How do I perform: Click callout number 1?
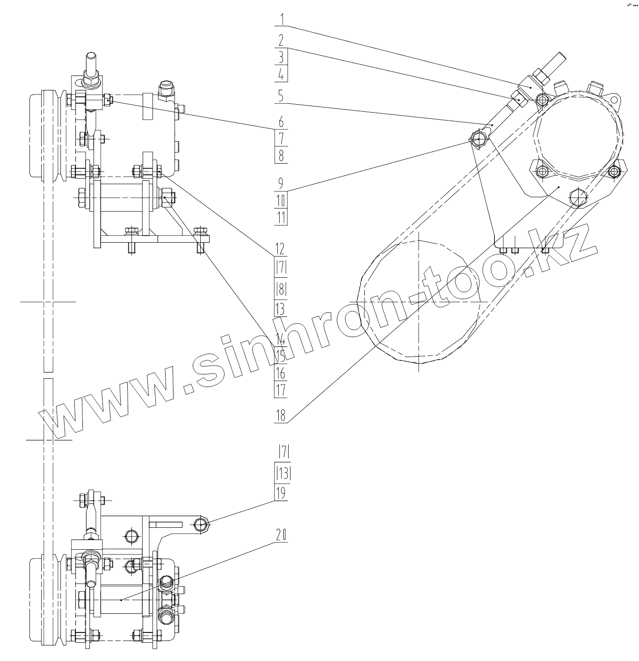[281, 20]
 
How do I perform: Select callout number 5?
[281, 96]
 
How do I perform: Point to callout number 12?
[280, 248]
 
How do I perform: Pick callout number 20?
[281, 536]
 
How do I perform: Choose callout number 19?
[281, 494]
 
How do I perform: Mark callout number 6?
[281, 122]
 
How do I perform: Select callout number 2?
[281, 40]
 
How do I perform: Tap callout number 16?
[281, 373]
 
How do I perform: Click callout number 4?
[281, 74]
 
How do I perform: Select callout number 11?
[281, 217]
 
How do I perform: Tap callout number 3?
[281, 57]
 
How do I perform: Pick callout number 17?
[281, 390]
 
